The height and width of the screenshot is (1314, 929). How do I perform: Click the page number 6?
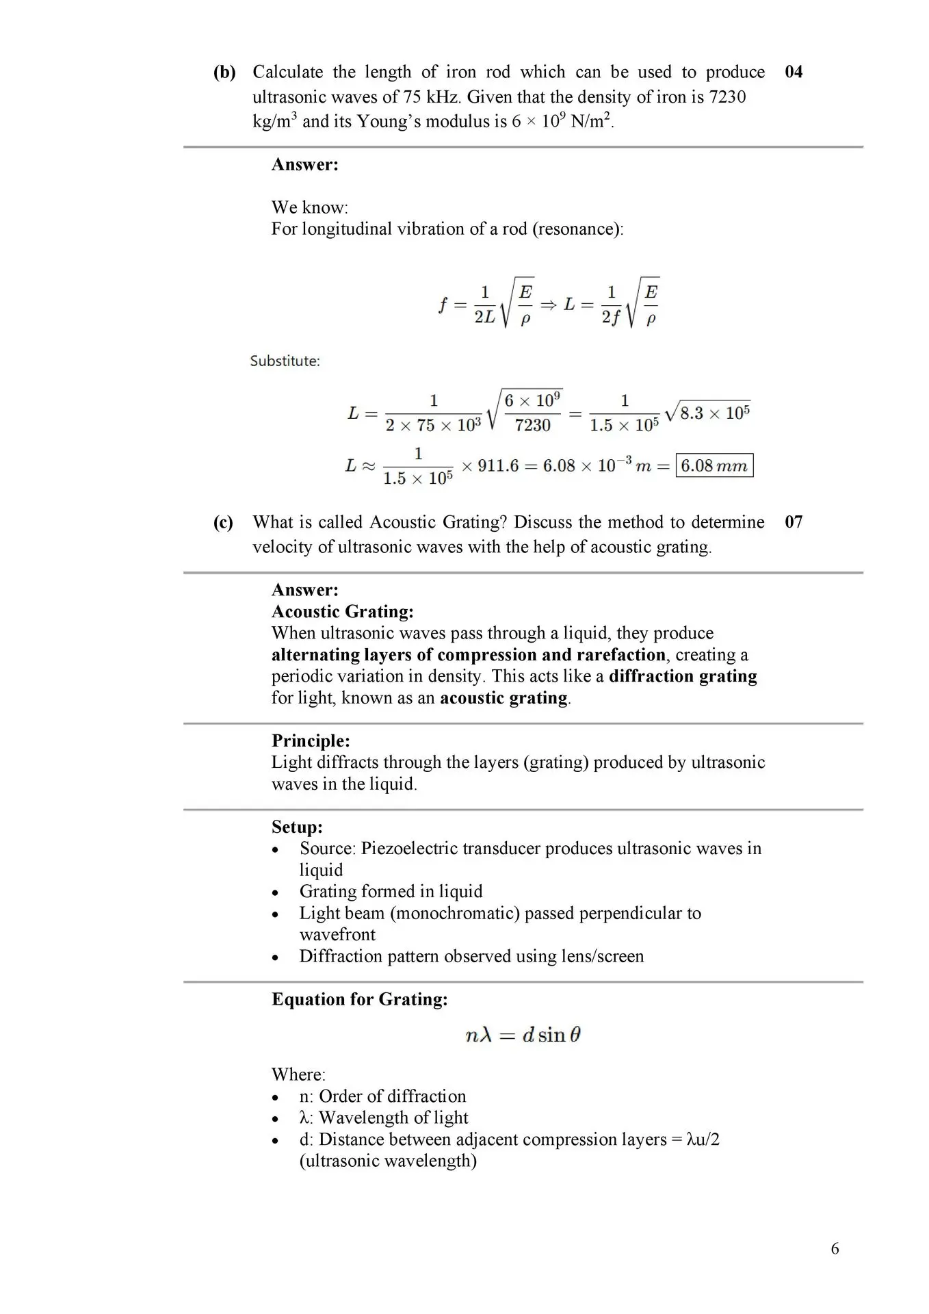coord(835,1249)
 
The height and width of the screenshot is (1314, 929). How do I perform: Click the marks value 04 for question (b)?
coord(794,72)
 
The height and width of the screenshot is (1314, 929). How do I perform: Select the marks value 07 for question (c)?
coord(794,522)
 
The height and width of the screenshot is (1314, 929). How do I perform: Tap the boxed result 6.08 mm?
coord(714,465)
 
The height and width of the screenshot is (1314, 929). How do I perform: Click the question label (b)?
coord(224,72)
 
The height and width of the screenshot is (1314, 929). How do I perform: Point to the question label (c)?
coord(223,522)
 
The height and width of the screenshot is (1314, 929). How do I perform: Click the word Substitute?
coord(285,361)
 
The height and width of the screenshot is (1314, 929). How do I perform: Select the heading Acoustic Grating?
coord(342,611)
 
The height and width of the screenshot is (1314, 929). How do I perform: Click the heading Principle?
coord(311,740)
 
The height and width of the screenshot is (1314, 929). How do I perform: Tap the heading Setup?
coord(297,827)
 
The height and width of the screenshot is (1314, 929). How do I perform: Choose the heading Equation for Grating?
coord(359,999)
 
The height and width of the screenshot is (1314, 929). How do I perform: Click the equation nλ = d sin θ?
coord(523,1035)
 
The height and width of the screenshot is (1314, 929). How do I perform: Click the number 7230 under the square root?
coord(532,425)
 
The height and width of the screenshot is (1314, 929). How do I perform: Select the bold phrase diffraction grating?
coord(683,676)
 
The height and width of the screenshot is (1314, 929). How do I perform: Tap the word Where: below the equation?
coord(298,1074)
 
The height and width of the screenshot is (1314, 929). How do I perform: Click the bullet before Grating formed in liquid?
coord(275,892)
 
